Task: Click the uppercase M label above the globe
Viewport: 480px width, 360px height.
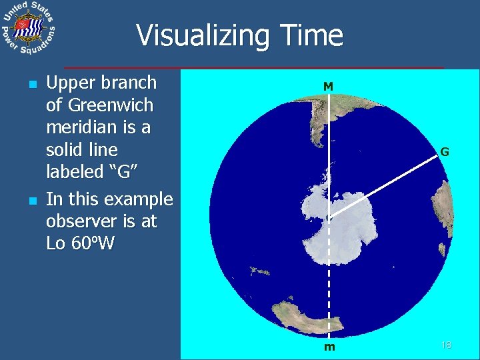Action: [x=328, y=86]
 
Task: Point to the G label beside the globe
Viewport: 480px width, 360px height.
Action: [x=444, y=152]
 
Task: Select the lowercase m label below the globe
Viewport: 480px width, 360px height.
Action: [x=329, y=347]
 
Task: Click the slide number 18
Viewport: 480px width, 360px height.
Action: [x=446, y=345]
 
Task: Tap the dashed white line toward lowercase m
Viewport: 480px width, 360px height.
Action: [x=329, y=280]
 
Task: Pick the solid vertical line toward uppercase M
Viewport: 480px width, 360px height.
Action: [x=329, y=153]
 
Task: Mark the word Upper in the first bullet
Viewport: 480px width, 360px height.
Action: [x=68, y=83]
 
